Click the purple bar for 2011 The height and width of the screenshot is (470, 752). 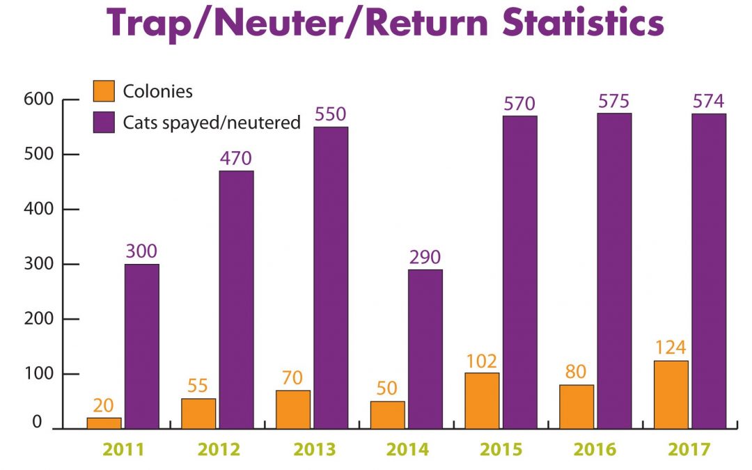pyautogui.click(x=142, y=346)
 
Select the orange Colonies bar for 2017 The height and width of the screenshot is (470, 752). pyautogui.click(x=671, y=394)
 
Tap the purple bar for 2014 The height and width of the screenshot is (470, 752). pyautogui.click(x=425, y=349)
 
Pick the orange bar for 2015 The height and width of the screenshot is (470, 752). pyautogui.click(x=482, y=400)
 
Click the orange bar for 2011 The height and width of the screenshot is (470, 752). pyautogui.click(x=104, y=423)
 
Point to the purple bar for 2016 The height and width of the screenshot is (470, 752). pyautogui.click(x=614, y=271)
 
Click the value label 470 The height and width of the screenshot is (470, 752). pyautogui.click(x=236, y=158)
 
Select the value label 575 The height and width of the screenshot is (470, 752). pyautogui.click(x=614, y=101)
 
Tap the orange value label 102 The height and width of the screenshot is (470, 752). pyautogui.click(x=482, y=361)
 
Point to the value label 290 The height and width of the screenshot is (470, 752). pyautogui.click(x=425, y=258)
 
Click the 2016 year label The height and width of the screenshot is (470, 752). pyautogui.click(x=595, y=449)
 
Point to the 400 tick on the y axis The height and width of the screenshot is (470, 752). pyautogui.click(x=43, y=209)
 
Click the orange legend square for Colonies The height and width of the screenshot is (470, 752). pyautogui.click(x=103, y=91)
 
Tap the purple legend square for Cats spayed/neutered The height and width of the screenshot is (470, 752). pyautogui.click(x=103, y=123)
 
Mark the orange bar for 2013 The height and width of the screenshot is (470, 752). pyautogui.click(x=293, y=409)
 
